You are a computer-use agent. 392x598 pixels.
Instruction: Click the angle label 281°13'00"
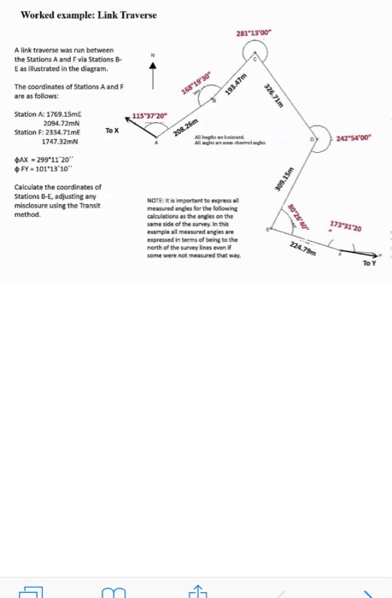click(x=255, y=34)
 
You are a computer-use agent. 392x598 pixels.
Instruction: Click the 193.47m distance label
click(x=234, y=90)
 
